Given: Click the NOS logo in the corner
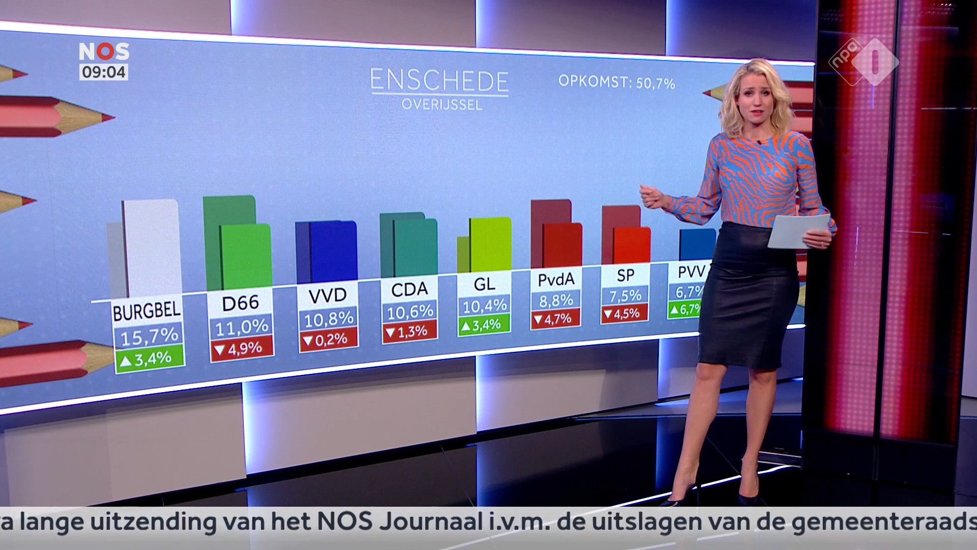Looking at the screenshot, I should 104,51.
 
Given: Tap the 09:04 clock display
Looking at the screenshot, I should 104,72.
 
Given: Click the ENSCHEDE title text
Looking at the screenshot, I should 439,81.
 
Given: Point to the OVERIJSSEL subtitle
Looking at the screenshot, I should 442,105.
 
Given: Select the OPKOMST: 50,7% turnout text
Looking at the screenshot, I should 616,81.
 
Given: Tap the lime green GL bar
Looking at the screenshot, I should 490,244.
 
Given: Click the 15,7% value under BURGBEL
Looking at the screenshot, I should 149,336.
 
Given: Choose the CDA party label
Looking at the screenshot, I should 409,289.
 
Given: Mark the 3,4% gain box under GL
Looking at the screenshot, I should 483,325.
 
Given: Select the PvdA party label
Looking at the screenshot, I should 556,280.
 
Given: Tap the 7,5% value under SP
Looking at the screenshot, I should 625,296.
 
